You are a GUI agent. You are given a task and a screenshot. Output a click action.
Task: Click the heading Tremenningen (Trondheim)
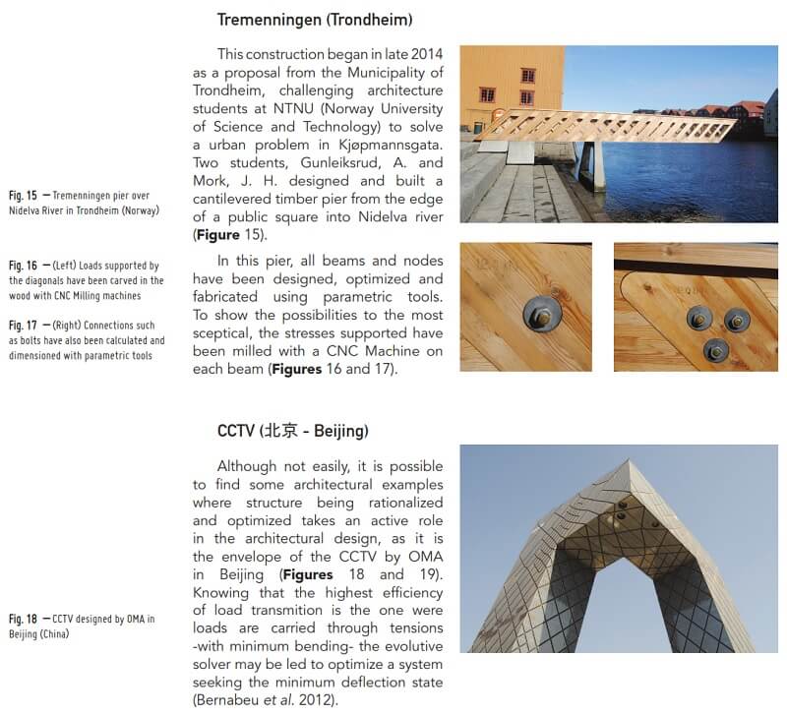pyautogui.click(x=315, y=19)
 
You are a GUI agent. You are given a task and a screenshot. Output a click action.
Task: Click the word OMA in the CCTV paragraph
pyautogui.click(x=423, y=556)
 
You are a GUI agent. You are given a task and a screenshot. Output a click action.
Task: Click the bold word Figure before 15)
pyautogui.click(x=219, y=235)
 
